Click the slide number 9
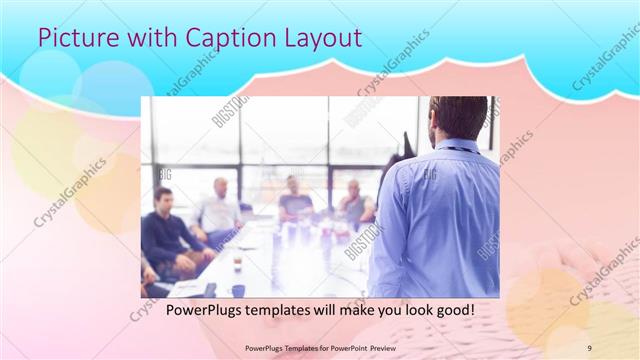click(x=590, y=347)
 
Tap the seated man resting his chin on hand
click(x=354, y=204)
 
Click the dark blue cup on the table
click(x=238, y=289)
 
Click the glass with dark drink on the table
click(x=237, y=262)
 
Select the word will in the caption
click(x=328, y=311)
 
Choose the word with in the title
click(x=142, y=38)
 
